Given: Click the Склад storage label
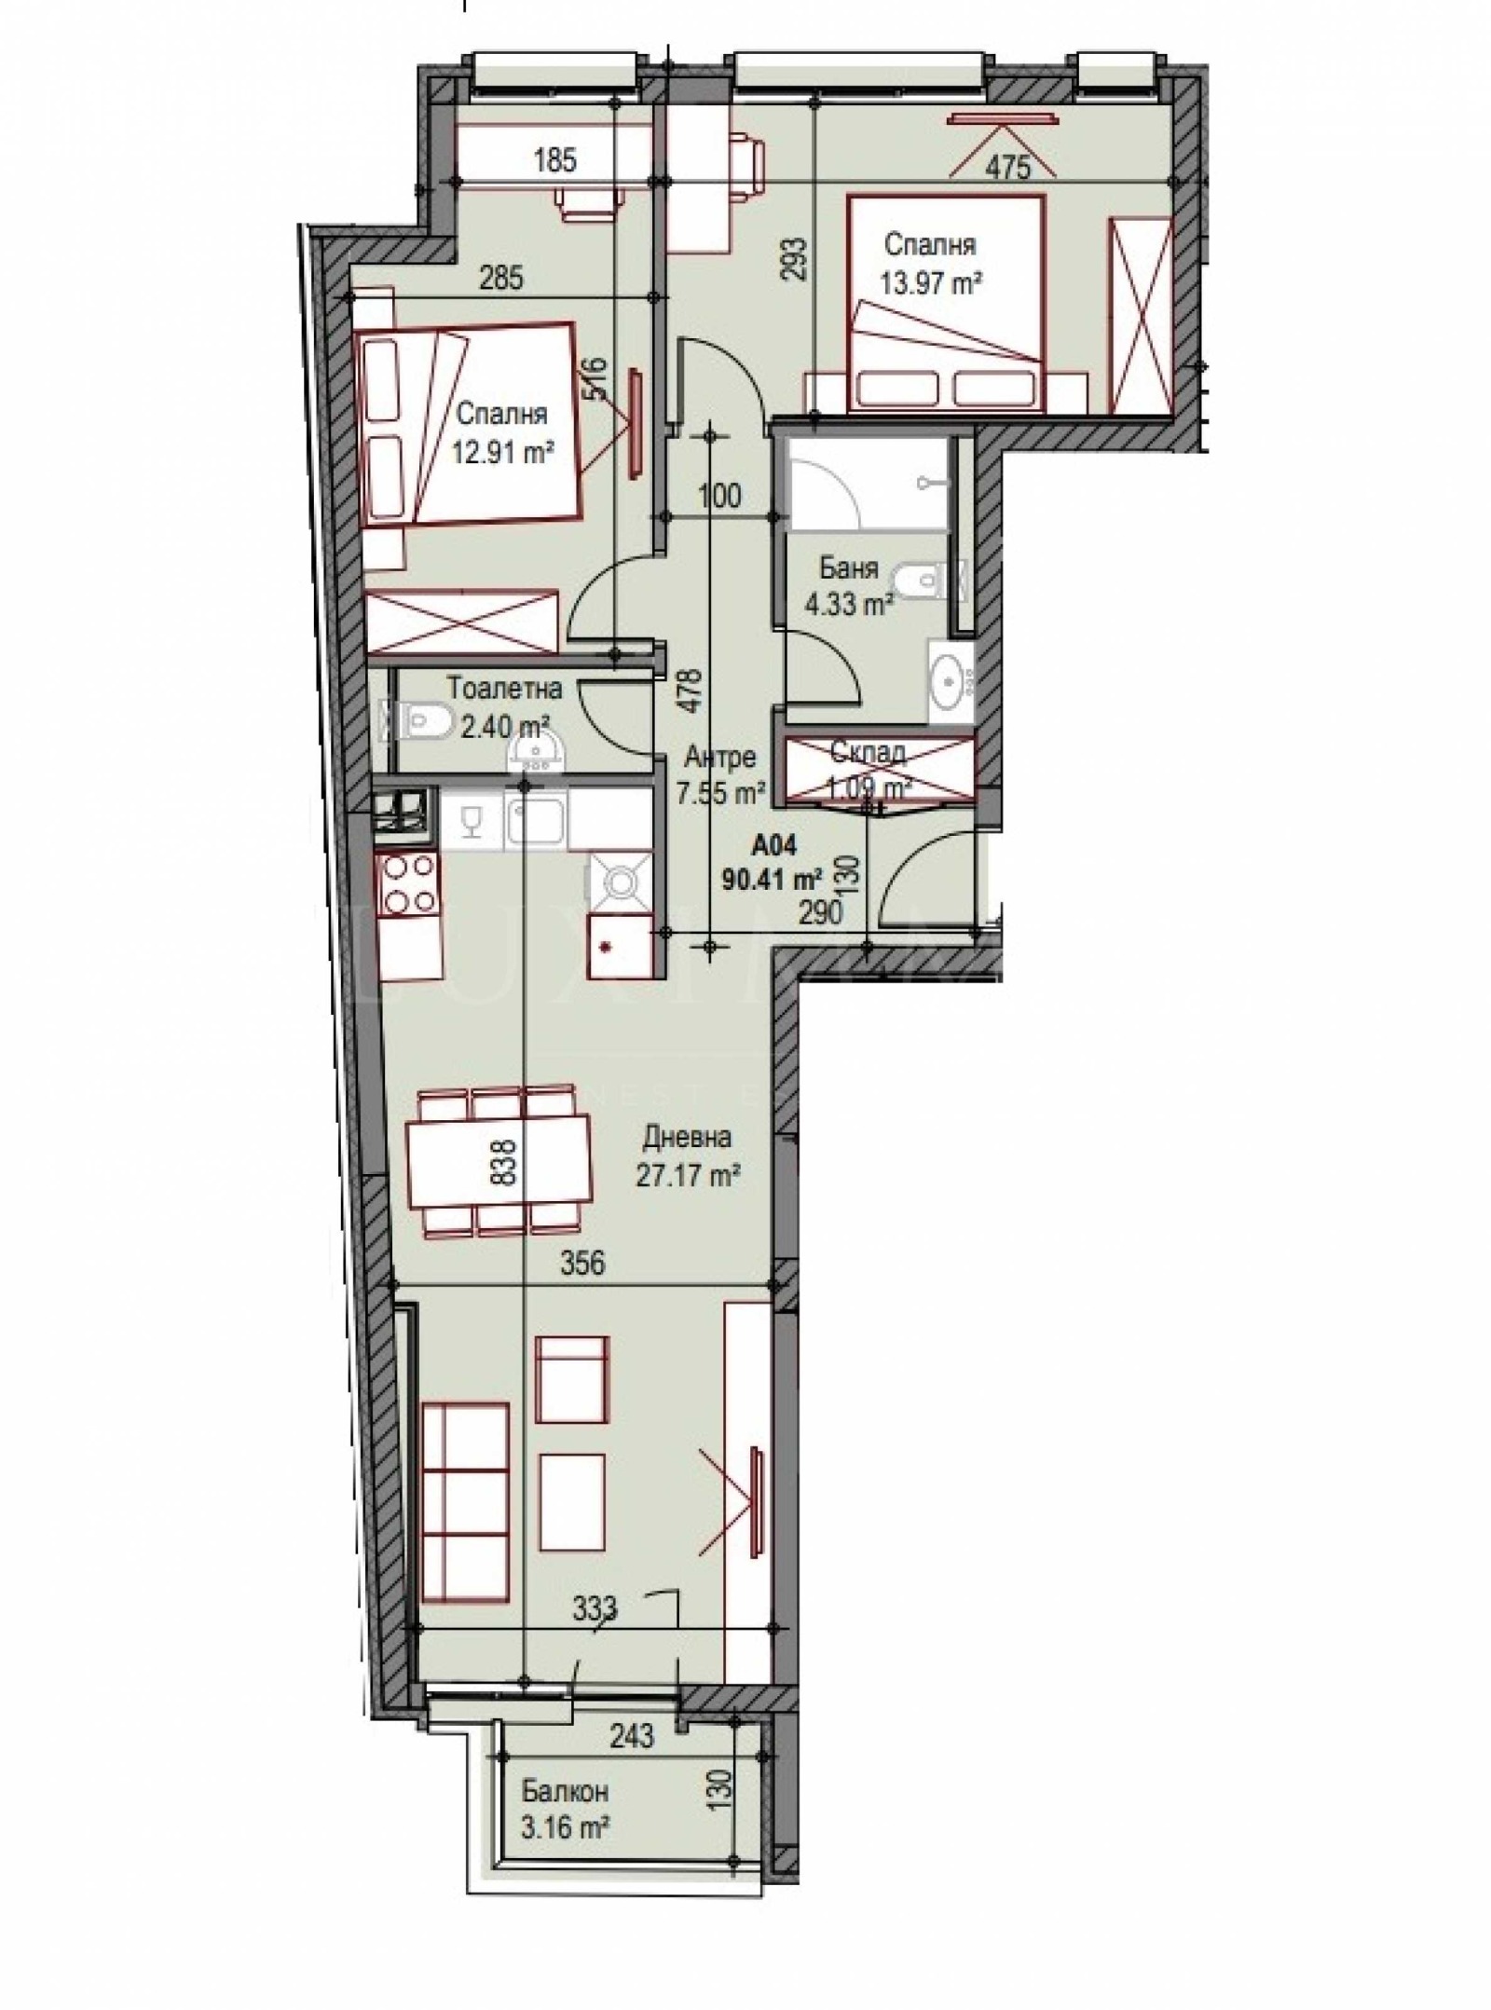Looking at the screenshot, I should click(x=869, y=752).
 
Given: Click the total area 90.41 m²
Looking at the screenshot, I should click(x=772, y=878).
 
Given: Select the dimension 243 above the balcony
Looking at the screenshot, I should click(x=633, y=1735).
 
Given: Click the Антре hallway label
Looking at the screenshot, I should click(x=718, y=758).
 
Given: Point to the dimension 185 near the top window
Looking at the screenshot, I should click(x=555, y=160).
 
